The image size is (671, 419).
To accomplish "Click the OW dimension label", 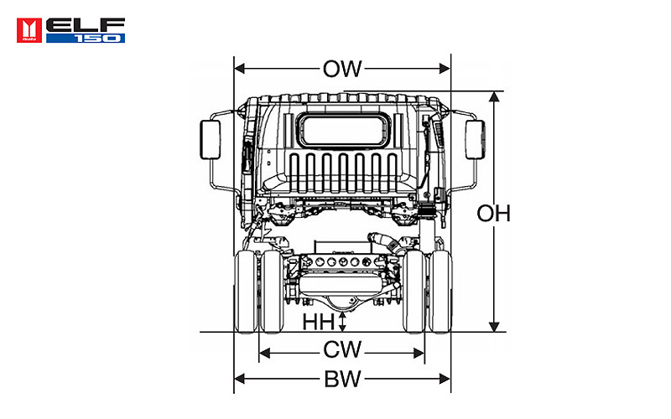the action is point(342,69).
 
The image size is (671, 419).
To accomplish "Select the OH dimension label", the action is point(494,214).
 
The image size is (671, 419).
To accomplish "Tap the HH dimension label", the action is point(319,322).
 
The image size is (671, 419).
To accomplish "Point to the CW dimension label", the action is point(342,349).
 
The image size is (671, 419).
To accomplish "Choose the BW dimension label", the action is point(342,379).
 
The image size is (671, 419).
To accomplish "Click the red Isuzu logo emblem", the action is point(29,30).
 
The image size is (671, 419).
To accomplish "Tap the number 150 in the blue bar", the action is point(98,39).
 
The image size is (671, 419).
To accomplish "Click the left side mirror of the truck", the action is point(211,140).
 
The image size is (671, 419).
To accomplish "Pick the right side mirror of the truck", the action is point(475,140).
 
